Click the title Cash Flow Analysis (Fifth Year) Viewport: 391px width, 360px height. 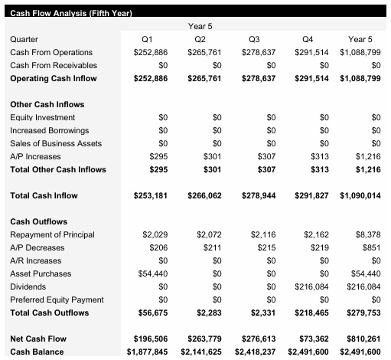71,14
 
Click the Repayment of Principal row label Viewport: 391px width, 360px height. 51,234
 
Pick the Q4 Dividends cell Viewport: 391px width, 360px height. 312,286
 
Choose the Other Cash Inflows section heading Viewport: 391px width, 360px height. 47,104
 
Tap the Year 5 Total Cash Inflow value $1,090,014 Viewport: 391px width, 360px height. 360,195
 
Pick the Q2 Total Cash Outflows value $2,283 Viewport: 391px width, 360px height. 210,313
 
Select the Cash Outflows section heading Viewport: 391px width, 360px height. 39,221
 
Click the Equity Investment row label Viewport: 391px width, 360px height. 42,117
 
